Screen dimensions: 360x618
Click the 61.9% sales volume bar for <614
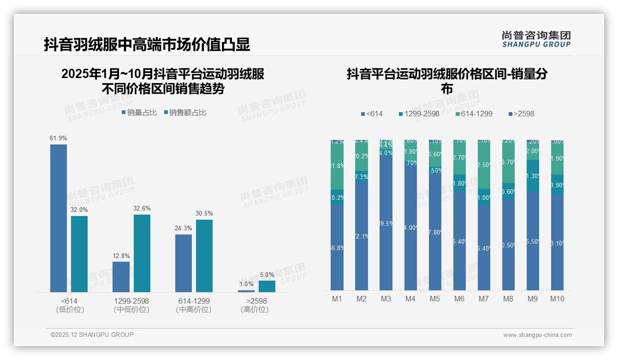pos(59,218)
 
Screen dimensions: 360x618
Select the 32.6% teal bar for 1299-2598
pos(142,253)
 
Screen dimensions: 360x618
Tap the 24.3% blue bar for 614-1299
pos(184,263)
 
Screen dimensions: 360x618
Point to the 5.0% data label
pos(267,275)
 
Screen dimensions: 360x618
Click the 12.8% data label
pos(121,256)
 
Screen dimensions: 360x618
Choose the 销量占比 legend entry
pos(139,112)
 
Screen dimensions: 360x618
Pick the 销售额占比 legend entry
pos(185,112)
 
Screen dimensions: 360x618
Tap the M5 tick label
pos(435,299)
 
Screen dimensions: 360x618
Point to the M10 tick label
pos(557,299)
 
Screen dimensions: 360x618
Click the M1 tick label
pos(337,299)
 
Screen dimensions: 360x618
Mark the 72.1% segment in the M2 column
pos(362,236)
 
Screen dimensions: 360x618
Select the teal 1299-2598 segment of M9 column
pos(533,175)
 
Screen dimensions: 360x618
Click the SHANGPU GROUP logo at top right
pos(536,39)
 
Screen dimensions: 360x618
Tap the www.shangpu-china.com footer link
pos(537,335)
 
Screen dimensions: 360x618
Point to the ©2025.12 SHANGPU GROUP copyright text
pos(92,335)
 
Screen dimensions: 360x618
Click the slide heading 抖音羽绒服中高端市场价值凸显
pos(147,44)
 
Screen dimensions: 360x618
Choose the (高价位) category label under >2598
pos(255,310)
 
